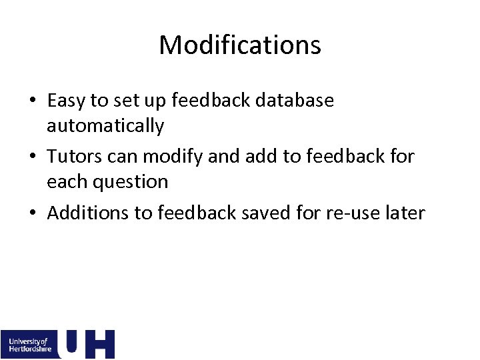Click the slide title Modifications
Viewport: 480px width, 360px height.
point(240,45)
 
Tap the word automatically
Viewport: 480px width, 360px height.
point(105,125)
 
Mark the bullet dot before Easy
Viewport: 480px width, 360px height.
point(33,101)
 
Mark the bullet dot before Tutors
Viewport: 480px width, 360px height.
point(33,157)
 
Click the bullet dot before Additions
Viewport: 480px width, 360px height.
point(33,213)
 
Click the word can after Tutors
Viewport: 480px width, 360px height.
point(123,157)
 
